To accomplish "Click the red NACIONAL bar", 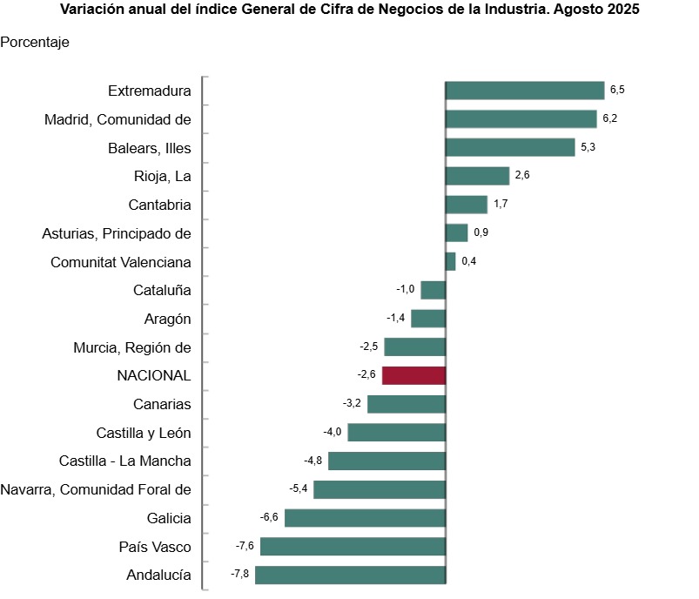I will (413, 375).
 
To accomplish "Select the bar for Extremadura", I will (524, 91).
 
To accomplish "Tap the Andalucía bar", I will (350, 575).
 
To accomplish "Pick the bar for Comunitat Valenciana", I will (450, 261).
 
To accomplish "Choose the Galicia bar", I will (365, 518).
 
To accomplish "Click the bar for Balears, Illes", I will (510, 148).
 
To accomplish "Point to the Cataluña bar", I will (433, 290).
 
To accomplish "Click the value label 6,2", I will (609, 118).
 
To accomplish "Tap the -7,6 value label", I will (245, 546).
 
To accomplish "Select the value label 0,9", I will (481, 232).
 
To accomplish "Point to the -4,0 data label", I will (333, 432).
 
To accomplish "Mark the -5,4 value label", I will (298, 488).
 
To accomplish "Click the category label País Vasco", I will (155, 547).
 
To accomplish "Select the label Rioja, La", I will (164, 176).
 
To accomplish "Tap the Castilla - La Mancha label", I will (125, 461).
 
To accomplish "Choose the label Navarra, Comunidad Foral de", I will (96, 489).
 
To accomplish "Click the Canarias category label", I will (162, 404).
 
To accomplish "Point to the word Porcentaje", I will (35, 42).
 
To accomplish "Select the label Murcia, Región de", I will (132, 347).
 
